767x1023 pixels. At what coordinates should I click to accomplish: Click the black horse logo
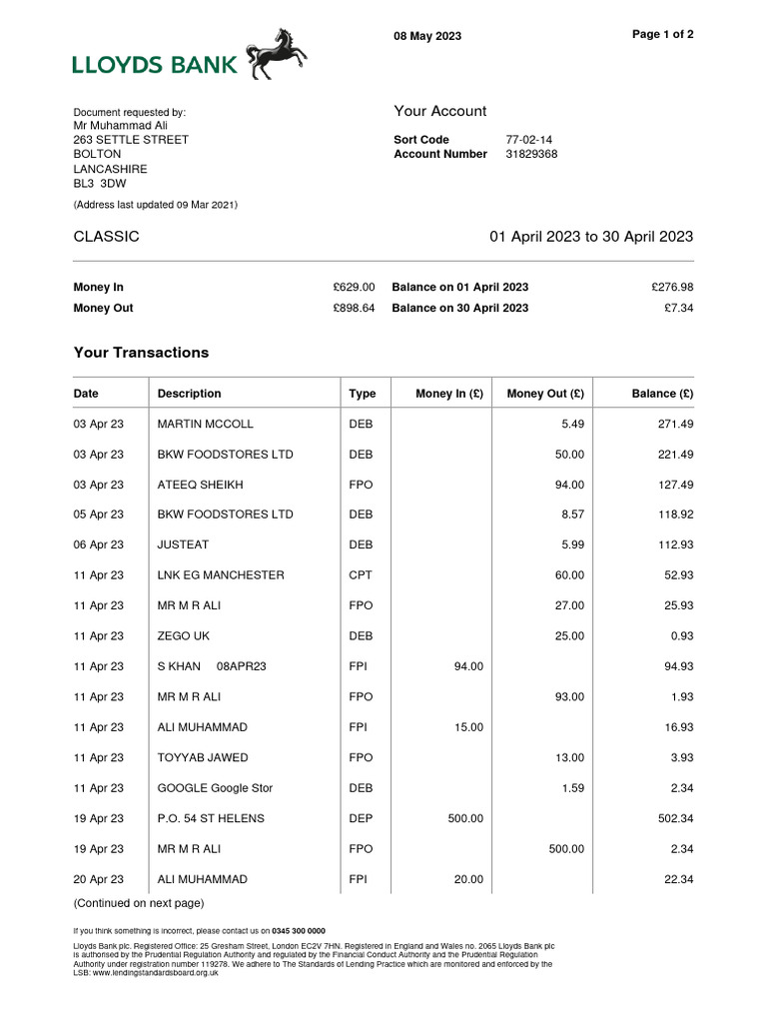click(277, 54)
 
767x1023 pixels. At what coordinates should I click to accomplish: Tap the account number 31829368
click(531, 154)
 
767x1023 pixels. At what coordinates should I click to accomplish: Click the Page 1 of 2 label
click(663, 34)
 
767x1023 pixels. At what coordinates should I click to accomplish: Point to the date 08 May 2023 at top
click(427, 36)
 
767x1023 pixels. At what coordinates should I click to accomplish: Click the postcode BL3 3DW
click(100, 184)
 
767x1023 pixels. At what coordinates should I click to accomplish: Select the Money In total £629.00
click(354, 287)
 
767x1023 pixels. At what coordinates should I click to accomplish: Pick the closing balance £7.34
click(678, 308)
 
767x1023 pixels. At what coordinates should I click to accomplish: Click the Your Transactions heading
click(141, 353)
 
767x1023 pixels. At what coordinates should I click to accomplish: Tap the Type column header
click(362, 394)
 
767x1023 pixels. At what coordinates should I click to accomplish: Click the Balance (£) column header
click(662, 394)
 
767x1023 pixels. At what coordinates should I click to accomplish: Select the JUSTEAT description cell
click(183, 544)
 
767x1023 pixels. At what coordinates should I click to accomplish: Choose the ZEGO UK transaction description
click(184, 635)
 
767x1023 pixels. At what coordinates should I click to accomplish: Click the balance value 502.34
click(673, 818)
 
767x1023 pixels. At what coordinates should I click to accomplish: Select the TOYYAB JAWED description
click(203, 757)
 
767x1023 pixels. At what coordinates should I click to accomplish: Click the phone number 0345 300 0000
click(301, 930)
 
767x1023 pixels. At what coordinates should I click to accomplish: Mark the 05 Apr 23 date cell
click(99, 514)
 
